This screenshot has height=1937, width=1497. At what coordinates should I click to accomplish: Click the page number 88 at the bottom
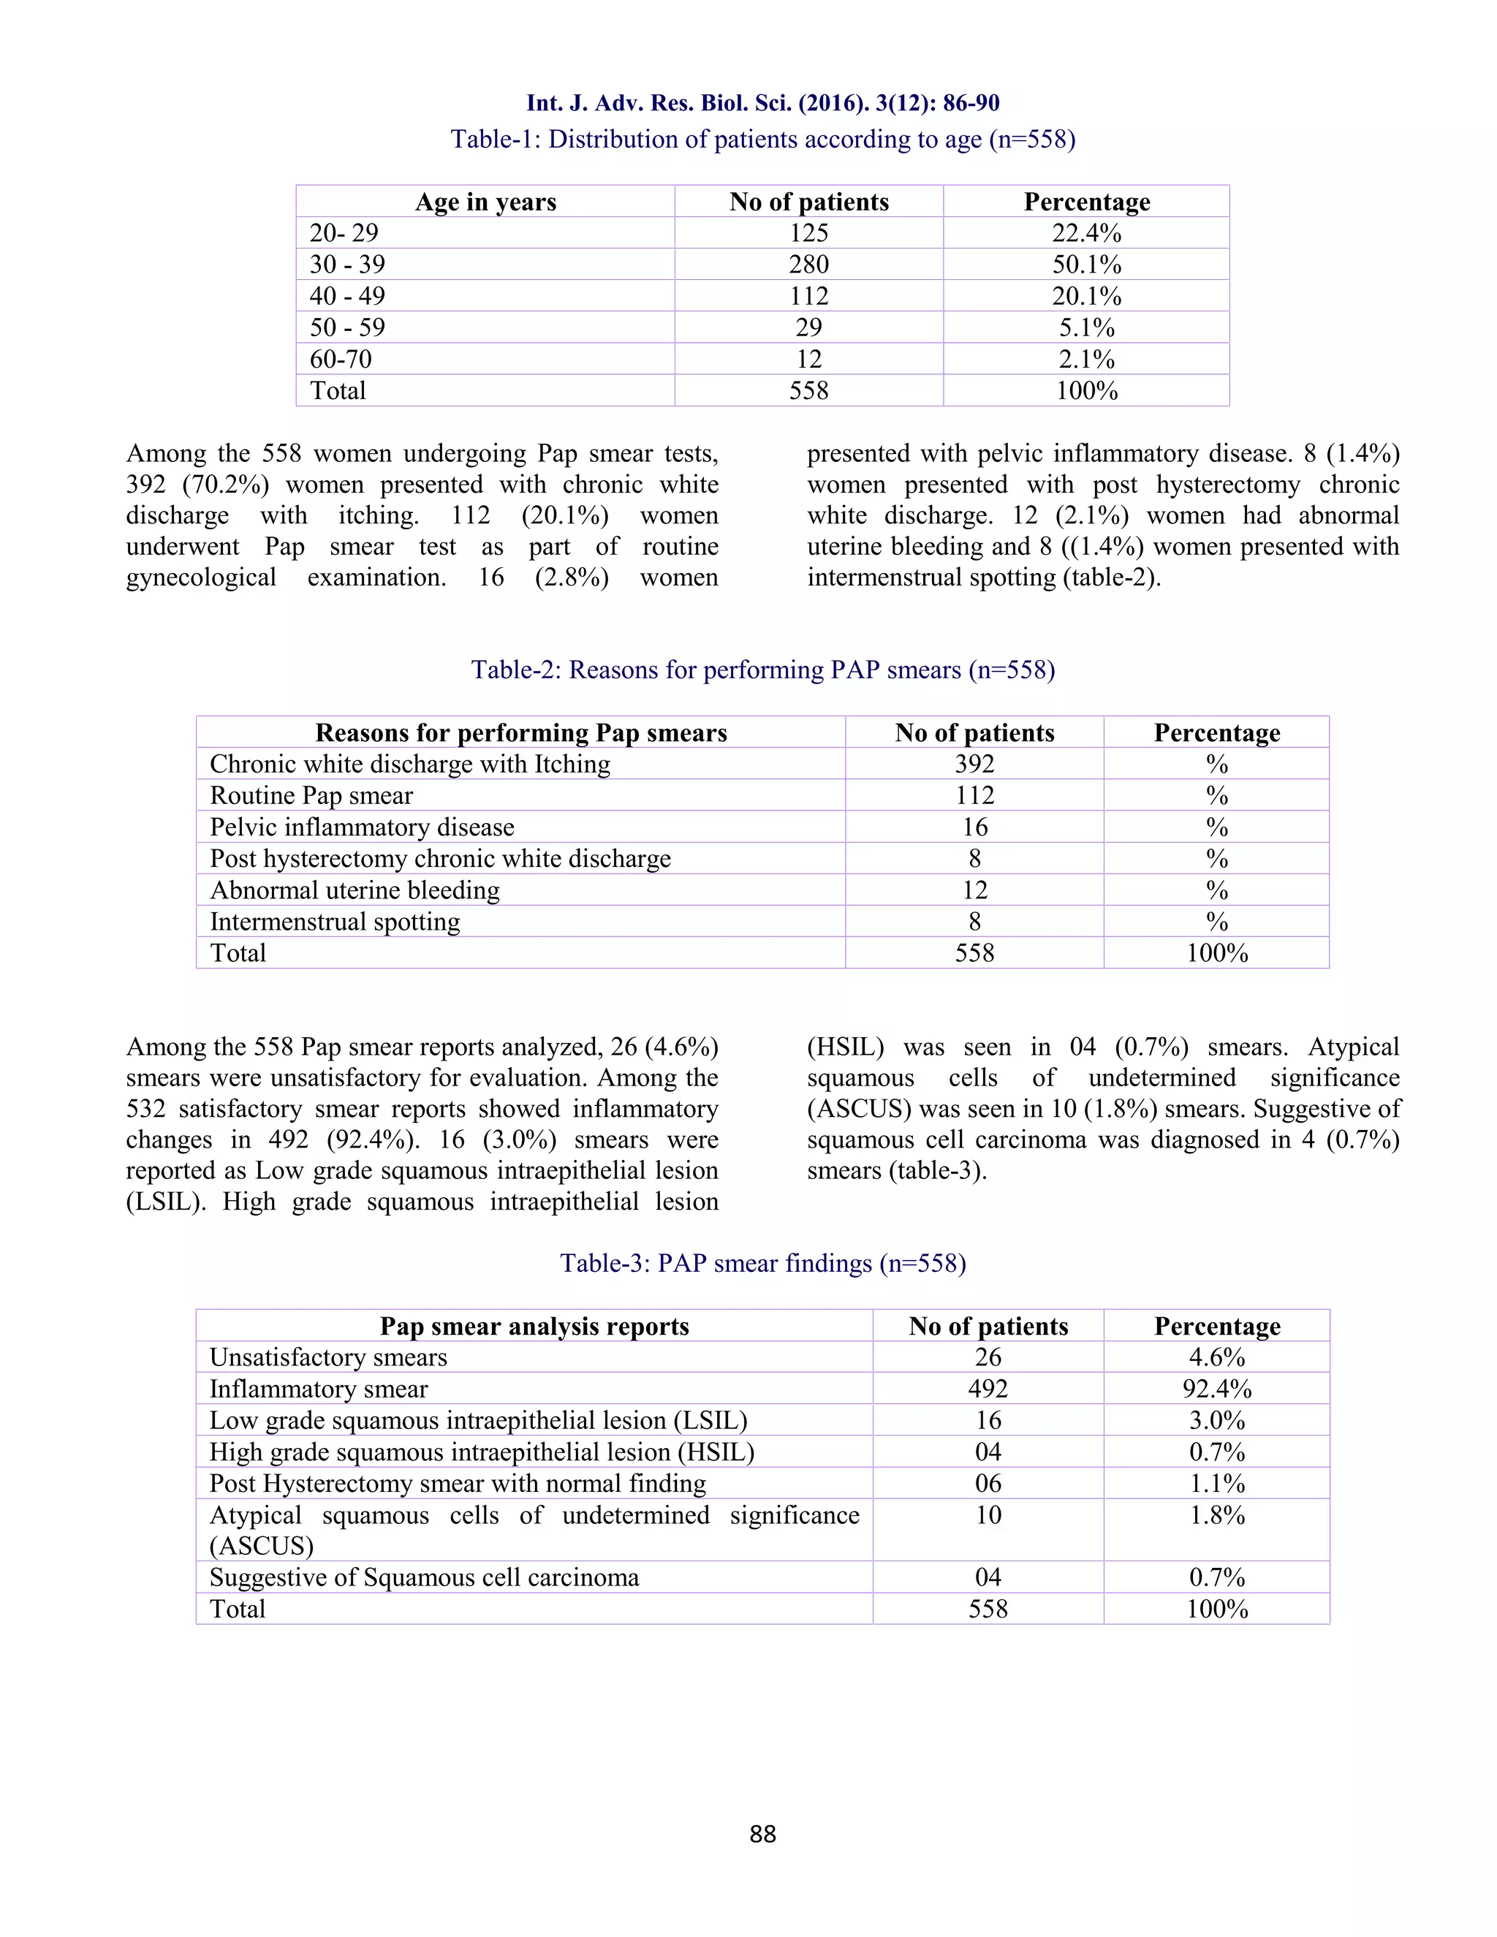click(x=762, y=1834)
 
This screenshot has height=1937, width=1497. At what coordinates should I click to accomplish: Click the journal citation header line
click(x=762, y=103)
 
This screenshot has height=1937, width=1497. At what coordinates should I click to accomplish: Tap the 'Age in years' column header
click(x=485, y=202)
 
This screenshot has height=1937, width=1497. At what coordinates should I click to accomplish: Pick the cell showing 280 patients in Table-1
click(x=809, y=265)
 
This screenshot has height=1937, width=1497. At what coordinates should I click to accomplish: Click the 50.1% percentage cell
click(x=1086, y=265)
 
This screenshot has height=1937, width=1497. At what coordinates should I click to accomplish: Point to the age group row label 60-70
click(x=341, y=359)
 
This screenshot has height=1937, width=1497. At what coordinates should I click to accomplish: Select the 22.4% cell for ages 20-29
click(x=1086, y=233)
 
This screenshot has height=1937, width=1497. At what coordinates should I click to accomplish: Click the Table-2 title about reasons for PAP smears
click(x=762, y=670)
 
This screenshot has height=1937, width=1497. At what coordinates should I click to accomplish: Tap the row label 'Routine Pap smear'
click(x=311, y=795)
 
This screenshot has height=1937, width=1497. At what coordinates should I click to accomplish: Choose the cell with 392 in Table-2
click(x=974, y=765)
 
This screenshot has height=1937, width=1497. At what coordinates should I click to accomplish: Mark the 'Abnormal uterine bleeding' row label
click(x=355, y=890)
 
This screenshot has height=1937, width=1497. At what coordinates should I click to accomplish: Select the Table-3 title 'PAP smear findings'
click(x=762, y=1263)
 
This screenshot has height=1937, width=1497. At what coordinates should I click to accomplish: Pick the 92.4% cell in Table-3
click(x=1217, y=1389)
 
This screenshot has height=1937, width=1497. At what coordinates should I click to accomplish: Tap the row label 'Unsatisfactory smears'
click(x=328, y=1358)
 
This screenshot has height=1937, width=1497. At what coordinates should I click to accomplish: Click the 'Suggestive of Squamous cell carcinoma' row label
click(x=424, y=1578)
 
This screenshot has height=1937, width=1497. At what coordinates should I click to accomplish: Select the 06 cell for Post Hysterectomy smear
click(x=988, y=1484)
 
